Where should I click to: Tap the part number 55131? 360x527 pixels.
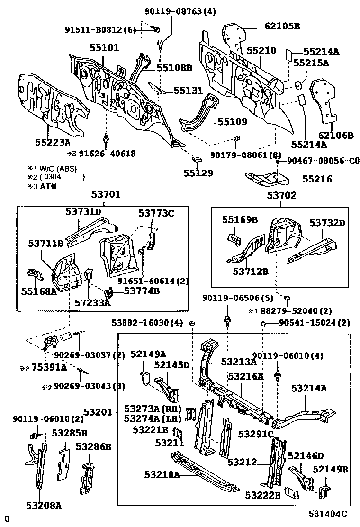click(188, 90)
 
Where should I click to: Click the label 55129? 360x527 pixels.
click(198, 173)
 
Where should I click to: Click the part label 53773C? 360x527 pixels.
click(156, 214)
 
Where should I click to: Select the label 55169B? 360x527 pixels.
click(240, 219)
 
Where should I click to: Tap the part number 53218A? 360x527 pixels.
click(162, 474)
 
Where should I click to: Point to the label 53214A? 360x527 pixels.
click(309, 388)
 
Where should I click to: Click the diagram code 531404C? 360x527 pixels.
click(328, 513)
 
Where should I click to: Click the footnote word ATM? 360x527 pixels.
click(48, 186)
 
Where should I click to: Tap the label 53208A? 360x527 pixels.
click(44, 506)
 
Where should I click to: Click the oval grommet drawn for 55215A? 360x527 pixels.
click(299, 85)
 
